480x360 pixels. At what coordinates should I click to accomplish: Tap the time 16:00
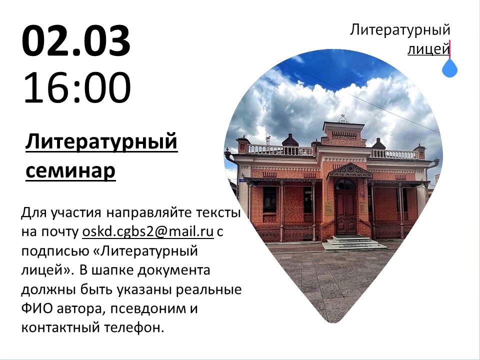click(77, 88)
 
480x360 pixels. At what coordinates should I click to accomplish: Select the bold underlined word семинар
click(70, 171)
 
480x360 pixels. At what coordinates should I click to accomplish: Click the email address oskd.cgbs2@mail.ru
click(148, 231)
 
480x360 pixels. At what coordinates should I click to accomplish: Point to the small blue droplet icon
click(449, 68)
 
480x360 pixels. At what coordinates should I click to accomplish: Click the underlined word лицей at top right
click(428, 49)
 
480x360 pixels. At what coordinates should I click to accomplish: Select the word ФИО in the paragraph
click(37, 308)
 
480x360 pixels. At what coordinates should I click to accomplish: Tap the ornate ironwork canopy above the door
click(349, 171)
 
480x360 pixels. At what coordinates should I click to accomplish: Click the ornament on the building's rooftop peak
click(343, 119)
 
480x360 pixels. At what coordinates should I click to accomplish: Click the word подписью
click(54, 251)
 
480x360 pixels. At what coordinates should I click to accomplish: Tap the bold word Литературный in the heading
click(101, 142)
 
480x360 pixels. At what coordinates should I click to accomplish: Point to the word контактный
click(60, 327)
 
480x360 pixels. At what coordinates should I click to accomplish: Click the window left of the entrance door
click(307, 199)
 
